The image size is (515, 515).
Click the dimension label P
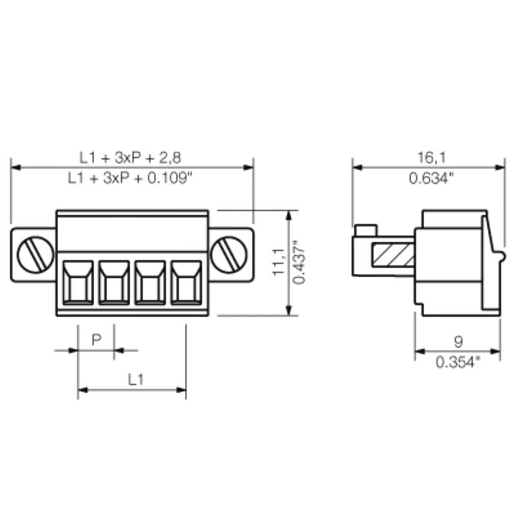96,339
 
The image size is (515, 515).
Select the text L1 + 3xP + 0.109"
131,178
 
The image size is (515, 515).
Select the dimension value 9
458,341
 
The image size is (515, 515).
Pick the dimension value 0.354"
458,362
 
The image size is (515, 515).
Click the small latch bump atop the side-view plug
365,229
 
